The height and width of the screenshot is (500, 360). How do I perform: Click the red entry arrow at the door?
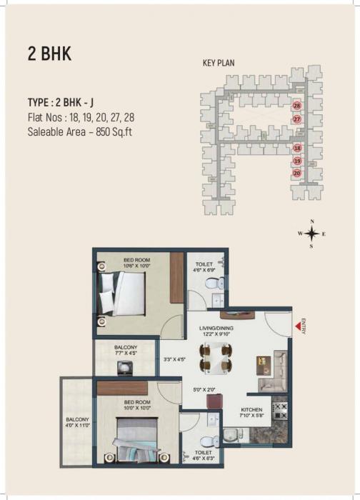296,328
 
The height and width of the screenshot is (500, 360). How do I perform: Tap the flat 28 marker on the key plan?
296,106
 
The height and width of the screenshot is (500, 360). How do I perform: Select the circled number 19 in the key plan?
297,161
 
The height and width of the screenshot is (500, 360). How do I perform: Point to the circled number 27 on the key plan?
296,119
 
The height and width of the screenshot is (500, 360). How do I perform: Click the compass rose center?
311,233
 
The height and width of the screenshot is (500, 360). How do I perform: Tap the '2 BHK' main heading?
49,54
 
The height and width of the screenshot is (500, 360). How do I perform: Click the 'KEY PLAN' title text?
219,63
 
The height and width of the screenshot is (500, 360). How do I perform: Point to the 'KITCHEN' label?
251,409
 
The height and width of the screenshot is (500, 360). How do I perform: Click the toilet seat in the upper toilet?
211,284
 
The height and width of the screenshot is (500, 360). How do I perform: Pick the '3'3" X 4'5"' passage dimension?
174,359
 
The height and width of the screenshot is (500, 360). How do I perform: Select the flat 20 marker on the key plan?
297,173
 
